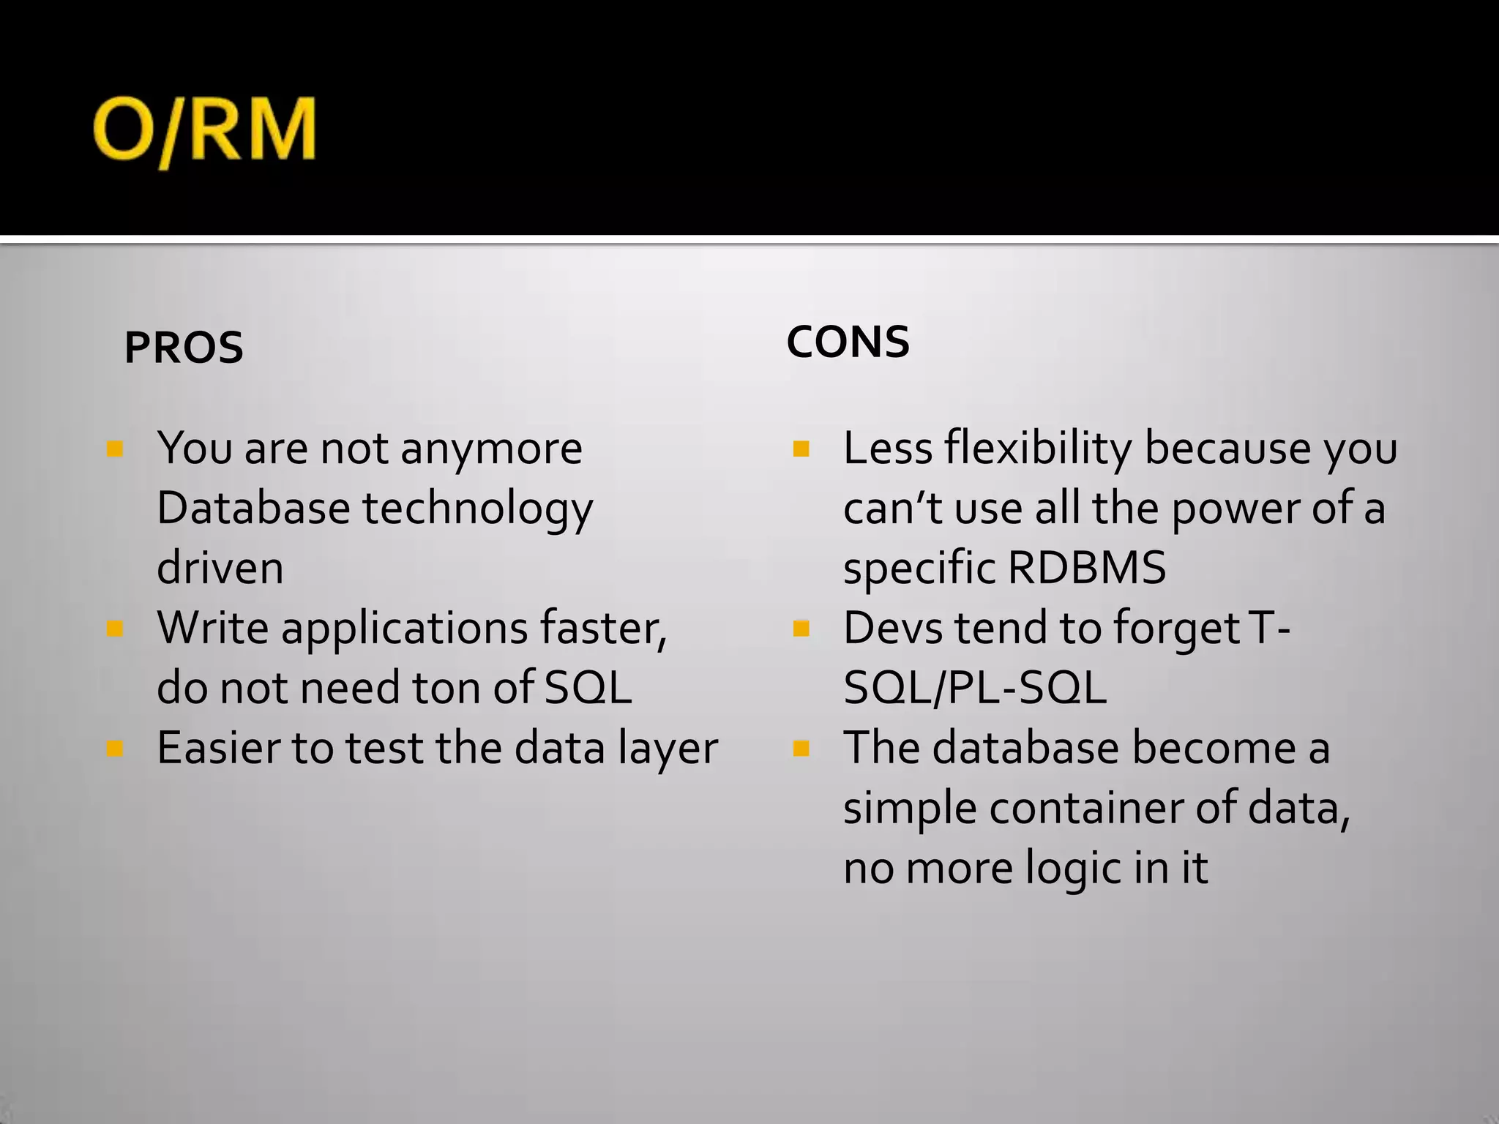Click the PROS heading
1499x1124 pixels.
coord(184,348)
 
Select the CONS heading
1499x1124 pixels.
coord(848,342)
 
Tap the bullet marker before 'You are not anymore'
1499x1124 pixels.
coord(115,448)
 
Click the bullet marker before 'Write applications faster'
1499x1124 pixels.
coord(115,628)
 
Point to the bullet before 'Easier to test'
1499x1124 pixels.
coord(115,748)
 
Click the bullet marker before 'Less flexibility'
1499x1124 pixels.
coord(801,448)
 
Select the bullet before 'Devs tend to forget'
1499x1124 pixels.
coord(801,628)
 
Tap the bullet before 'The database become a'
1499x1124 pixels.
coord(801,748)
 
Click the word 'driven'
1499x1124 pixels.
coord(220,568)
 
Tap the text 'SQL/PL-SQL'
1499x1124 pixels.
coord(975,688)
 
